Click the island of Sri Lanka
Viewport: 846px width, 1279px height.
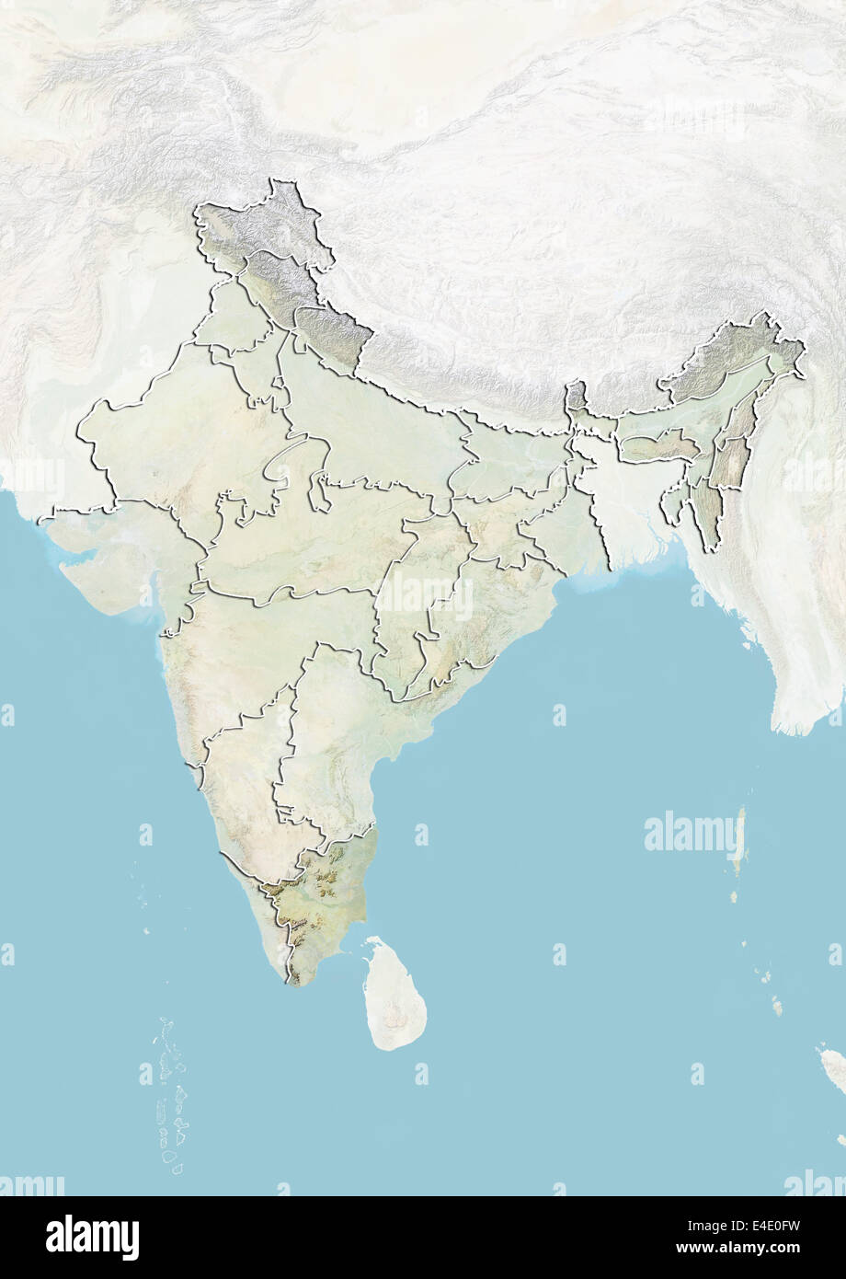click(395, 994)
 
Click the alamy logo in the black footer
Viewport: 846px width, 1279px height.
click(92, 1237)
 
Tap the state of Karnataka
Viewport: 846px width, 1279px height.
click(244, 782)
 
